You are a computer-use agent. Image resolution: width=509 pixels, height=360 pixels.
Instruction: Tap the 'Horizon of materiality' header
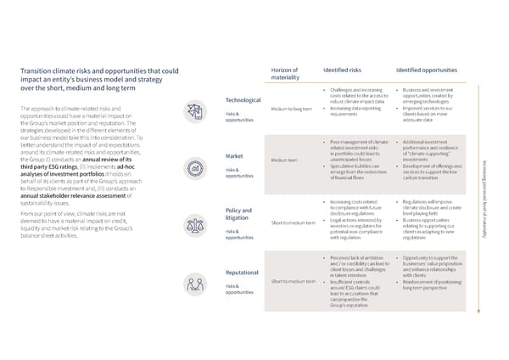click(x=285, y=74)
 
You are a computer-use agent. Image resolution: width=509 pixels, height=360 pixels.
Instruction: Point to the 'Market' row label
click(x=235, y=156)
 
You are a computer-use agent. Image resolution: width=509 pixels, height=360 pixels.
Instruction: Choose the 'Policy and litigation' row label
click(x=239, y=214)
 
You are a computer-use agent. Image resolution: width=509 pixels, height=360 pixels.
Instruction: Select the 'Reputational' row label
click(x=242, y=273)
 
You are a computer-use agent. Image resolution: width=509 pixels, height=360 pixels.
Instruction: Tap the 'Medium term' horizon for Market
click(x=284, y=160)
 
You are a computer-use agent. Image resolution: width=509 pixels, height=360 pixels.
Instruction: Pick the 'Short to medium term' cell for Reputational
click(x=294, y=281)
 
